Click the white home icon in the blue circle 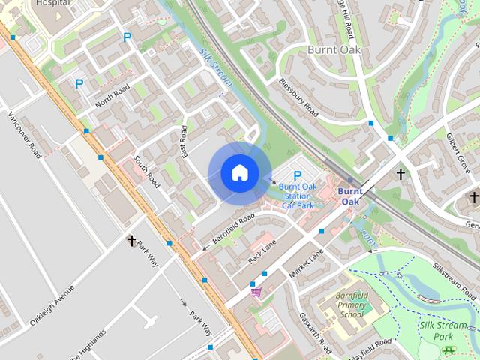[x=239, y=172]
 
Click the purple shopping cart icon [x=256, y=292]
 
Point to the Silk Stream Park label [x=443, y=331]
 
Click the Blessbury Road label [x=298, y=98]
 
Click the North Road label [x=112, y=96]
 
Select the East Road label [x=184, y=140]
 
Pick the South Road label [x=146, y=171]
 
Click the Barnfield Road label [x=233, y=227]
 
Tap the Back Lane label [x=262, y=251]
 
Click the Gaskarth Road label [x=314, y=332]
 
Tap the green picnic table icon [x=448, y=349]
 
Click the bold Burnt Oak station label [x=350, y=196]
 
